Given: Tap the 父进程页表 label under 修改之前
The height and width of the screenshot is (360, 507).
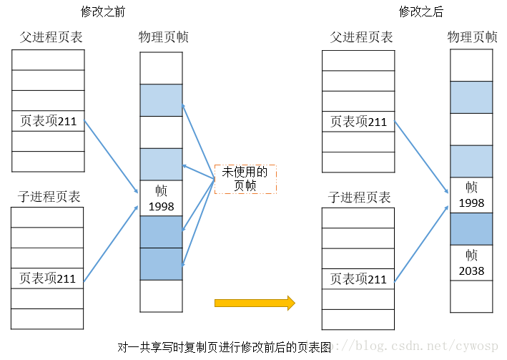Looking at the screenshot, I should (47, 37).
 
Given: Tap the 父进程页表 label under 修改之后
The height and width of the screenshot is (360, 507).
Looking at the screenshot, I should (361, 37).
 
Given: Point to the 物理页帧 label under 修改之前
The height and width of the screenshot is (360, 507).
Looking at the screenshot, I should (164, 37).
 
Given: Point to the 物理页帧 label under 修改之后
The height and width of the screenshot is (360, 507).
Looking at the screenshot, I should (472, 37).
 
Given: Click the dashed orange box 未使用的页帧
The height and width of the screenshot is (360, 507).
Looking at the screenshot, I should (245, 179).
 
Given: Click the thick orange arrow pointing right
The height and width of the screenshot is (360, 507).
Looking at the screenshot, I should (255, 303).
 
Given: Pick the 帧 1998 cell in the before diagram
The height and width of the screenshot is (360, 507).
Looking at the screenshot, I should (161, 198).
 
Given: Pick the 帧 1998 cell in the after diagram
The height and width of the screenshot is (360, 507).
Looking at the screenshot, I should (471, 195).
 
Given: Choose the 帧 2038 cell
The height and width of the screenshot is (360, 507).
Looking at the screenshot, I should (471, 263).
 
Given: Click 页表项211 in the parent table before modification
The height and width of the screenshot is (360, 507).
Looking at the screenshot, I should (48, 122).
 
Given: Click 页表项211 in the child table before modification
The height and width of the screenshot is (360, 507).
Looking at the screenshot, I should (48, 278).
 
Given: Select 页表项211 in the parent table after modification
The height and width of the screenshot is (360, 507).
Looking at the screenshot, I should (358, 122).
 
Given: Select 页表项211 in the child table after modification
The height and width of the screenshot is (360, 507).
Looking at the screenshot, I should (358, 278).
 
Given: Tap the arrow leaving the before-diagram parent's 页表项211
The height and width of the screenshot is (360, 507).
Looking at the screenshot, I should (111, 155).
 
